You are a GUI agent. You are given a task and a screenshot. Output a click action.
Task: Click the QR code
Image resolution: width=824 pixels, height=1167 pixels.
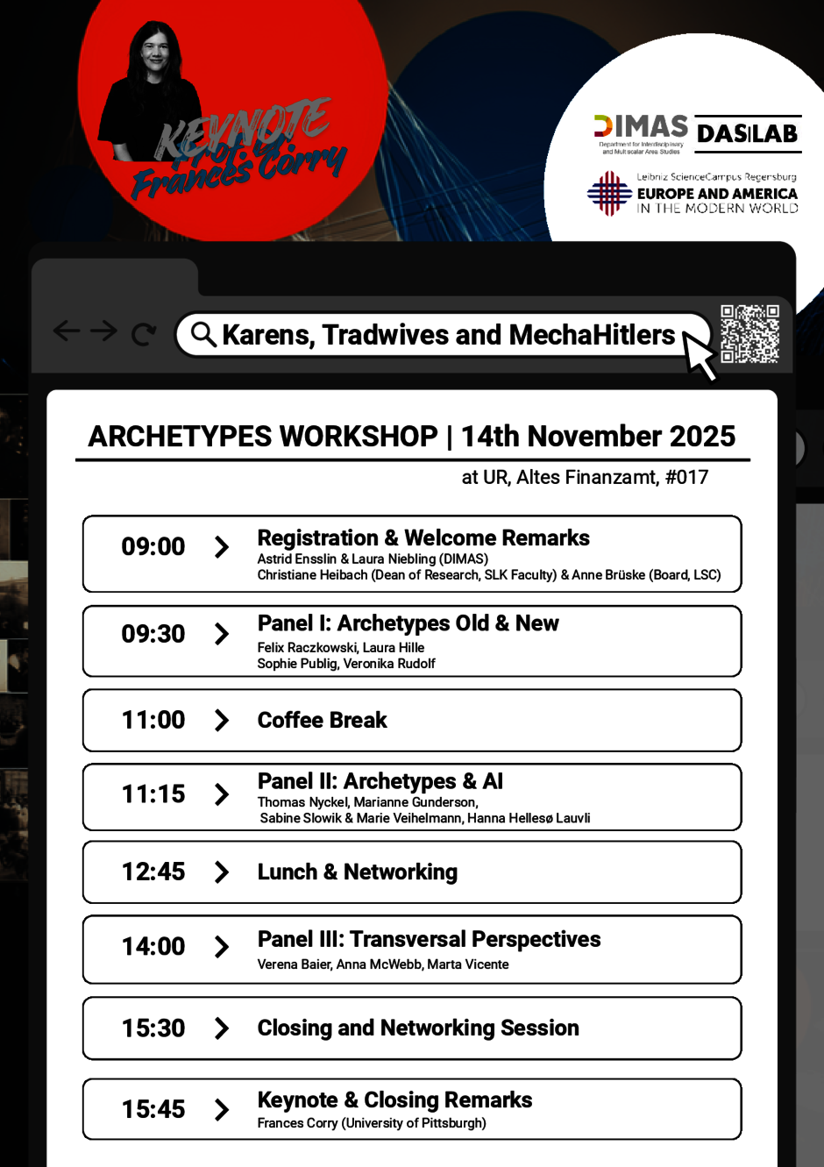(x=749, y=334)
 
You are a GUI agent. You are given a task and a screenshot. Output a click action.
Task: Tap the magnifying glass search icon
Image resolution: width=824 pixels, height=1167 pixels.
(x=203, y=334)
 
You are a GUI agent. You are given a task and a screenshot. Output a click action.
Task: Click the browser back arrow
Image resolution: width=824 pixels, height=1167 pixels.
(x=67, y=331)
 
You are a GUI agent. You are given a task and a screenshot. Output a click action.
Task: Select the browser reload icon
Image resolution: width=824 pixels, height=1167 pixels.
(x=144, y=334)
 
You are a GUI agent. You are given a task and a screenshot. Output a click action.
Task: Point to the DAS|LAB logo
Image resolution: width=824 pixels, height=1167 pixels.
(x=748, y=133)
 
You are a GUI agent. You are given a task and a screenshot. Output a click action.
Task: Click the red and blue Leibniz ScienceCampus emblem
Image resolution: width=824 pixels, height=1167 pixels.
(x=609, y=193)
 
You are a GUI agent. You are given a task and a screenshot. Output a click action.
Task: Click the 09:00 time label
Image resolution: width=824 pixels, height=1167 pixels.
(x=153, y=547)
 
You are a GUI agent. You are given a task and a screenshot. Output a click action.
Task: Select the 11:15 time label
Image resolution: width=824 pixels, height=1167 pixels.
(x=153, y=794)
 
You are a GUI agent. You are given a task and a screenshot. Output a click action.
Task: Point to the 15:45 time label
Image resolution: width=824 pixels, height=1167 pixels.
(x=153, y=1110)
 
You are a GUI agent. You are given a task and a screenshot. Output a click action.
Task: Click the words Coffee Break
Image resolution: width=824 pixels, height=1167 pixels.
(x=322, y=721)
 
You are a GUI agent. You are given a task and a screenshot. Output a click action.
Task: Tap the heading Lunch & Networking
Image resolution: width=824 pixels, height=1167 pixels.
(x=357, y=872)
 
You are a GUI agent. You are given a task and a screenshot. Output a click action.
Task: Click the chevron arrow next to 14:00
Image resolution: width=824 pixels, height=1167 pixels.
(x=222, y=947)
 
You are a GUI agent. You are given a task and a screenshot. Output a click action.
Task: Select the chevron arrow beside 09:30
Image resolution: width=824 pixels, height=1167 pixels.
(x=222, y=634)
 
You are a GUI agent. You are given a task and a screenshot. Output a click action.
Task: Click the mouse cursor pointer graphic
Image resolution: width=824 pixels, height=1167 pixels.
(x=700, y=355)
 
